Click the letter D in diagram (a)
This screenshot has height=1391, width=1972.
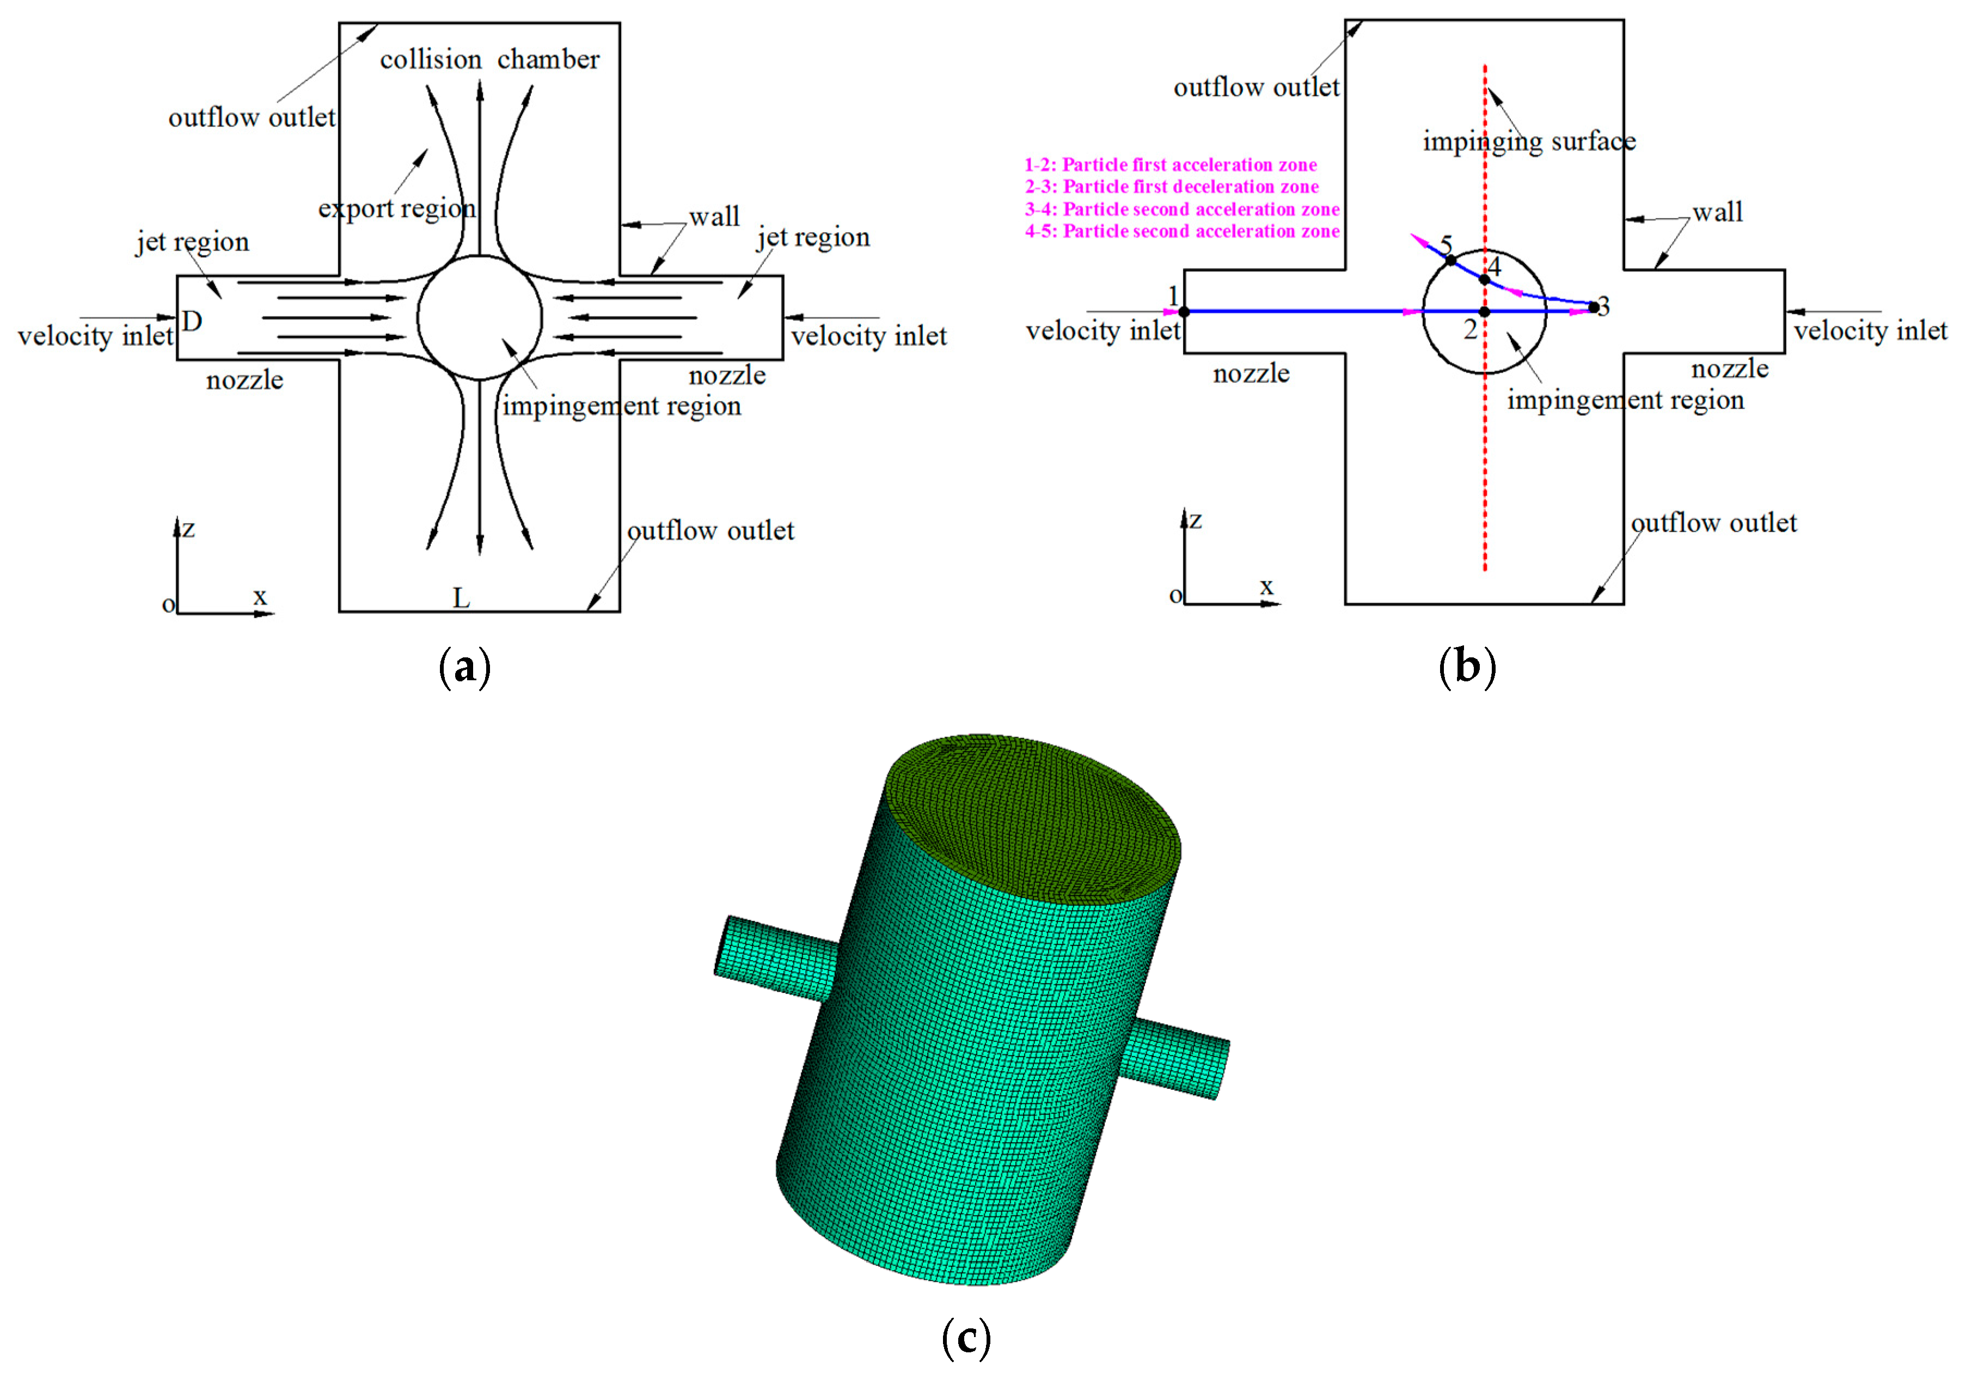pyautogui.click(x=192, y=321)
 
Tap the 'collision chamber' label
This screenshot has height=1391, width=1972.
pyautogui.click(x=489, y=59)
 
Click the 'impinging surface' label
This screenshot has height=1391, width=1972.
pyautogui.click(x=1529, y=141)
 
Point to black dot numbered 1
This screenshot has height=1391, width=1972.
pyautogui.click(x=1184, y=312)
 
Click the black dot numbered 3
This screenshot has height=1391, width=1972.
pyautogui.click(x=1594, y=307)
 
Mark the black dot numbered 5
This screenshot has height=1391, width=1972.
pyautogui.click(x=1450, y=259)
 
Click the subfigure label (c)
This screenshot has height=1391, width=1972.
pyautogui.click(x=966, y=1338)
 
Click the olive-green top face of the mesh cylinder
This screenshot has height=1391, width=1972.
pyautogui.click(x=1031, y=816)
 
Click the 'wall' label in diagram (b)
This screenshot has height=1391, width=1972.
pyautogui.click(x=1718, y=212)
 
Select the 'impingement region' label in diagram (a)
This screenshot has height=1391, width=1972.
pyautogui.click(x=621, y=406)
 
